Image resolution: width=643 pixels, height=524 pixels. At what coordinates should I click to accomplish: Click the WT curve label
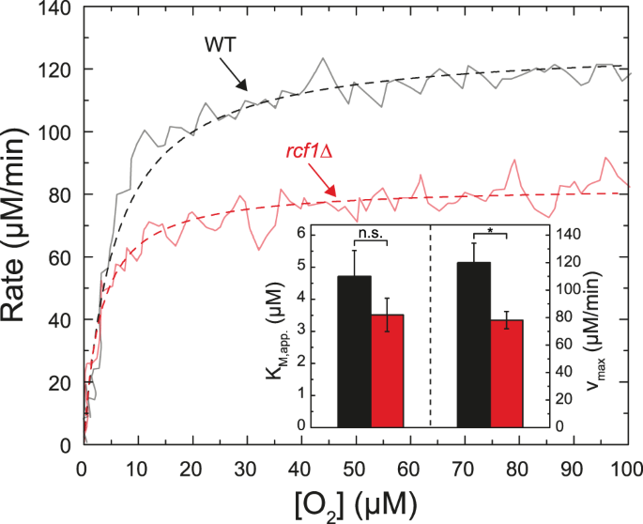tap(219, 45)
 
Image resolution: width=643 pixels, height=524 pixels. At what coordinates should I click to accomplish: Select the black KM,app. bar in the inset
tap(355, 350)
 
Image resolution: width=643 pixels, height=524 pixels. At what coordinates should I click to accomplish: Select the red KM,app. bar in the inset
tap(387, 369)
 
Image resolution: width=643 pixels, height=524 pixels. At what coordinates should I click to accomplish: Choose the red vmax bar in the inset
tap(506, 372)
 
